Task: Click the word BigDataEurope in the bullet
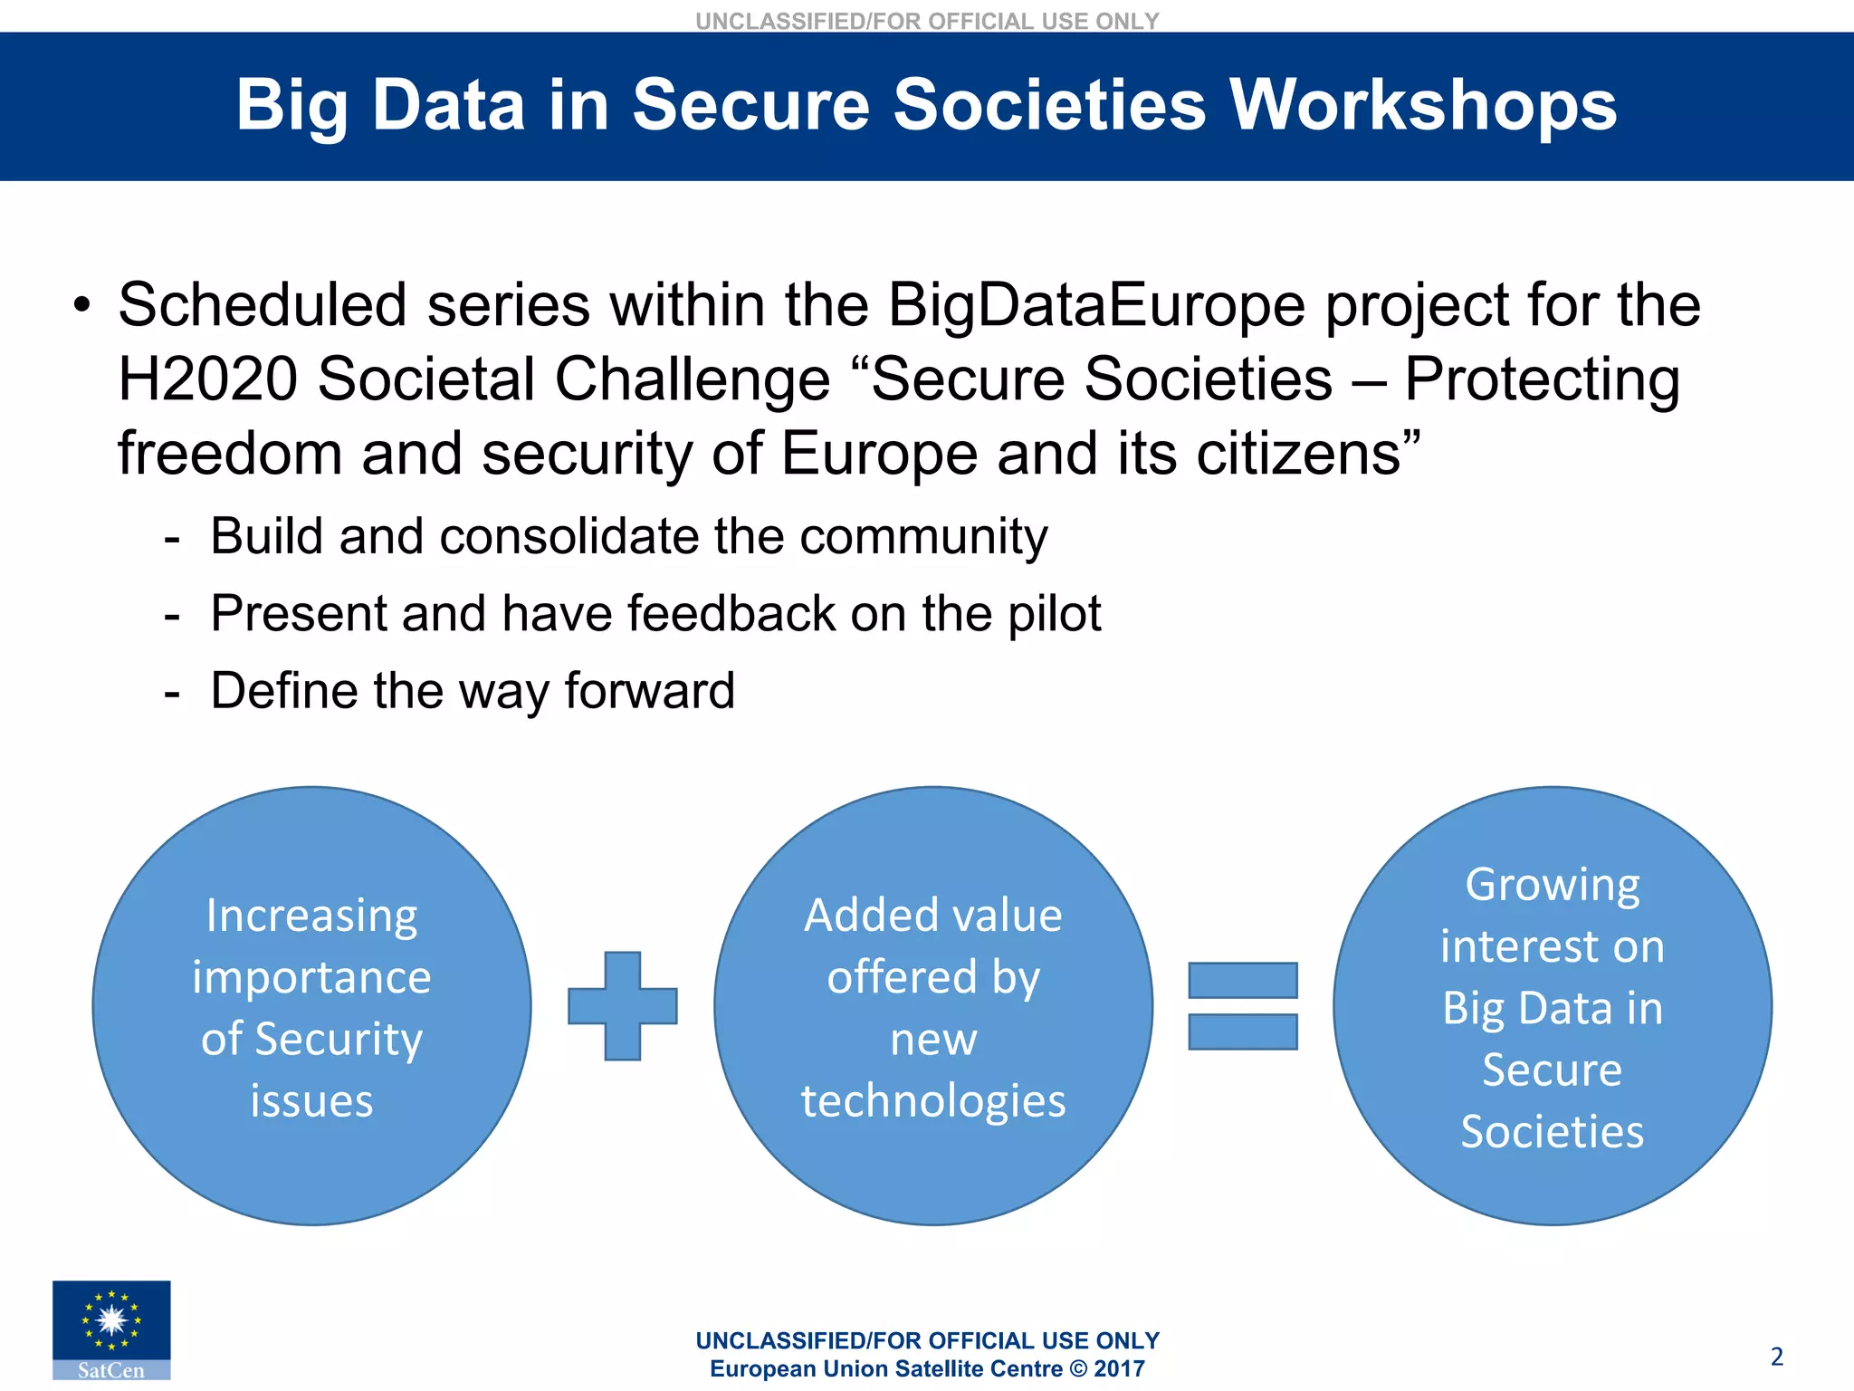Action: click(1096, 305)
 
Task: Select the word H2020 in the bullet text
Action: click(207, 379)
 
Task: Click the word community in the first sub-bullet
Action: click(923, 536)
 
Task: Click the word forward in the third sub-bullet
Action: click(649, 691)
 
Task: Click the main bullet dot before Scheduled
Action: click(82, 305)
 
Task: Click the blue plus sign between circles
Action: click(623, 1006)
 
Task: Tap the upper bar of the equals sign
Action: click(1242, 981)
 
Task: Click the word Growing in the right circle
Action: click(1552, 885)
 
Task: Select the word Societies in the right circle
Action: click(1552, 1132)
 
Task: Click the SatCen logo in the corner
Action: click(111, 1329)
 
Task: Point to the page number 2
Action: click(1776, 1357)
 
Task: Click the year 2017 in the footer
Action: click(1119, 1369)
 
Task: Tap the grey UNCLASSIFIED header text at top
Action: click(927, 21)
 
